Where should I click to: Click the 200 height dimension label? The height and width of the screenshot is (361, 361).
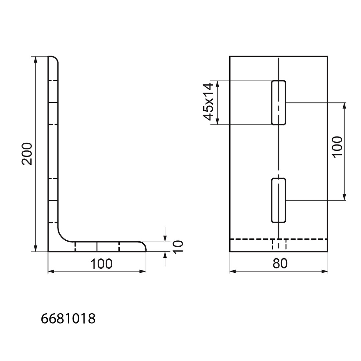pyautogui.click(x=27, y=154)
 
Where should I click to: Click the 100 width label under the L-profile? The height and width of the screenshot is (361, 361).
pyautogui.click(x=101, y=264)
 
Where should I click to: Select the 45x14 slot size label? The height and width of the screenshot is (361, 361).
pyautogui.click(x=208, y=102)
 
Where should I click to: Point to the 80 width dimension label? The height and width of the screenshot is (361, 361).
pyautogui.click(x=280, y=264)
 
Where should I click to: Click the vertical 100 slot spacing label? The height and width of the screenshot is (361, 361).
pyautogui.click(x=338, y=147)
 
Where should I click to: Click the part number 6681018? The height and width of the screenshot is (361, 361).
pyautogui.click(x=68, y=319)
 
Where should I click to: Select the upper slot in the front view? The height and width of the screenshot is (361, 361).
pyautogui.click(x=278, y=103)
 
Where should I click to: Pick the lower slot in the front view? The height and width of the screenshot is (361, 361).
pyautogui.click(x=278, y=200)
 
